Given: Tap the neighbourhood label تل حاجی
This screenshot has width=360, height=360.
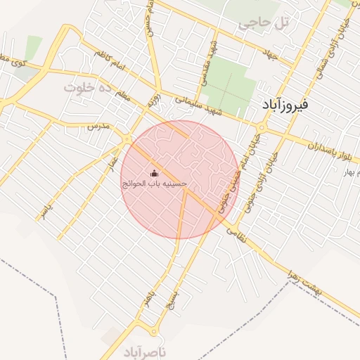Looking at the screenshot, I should coord(264,22).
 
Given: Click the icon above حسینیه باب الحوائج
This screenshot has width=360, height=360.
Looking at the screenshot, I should coord(155,173).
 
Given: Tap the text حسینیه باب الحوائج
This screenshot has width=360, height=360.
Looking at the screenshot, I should coord(155,184).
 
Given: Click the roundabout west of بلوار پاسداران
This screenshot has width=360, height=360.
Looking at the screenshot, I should coord(262,127).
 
